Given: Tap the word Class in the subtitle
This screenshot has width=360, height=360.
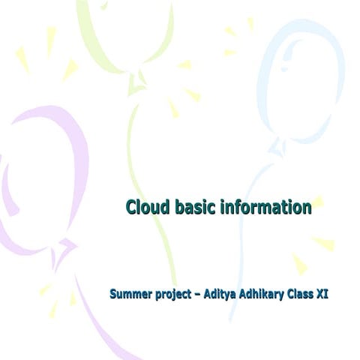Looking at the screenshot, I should coord(301,294).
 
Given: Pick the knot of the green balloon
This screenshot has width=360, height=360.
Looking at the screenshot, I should coord(137,86).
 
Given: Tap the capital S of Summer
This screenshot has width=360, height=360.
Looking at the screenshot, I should coord(113,294).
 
